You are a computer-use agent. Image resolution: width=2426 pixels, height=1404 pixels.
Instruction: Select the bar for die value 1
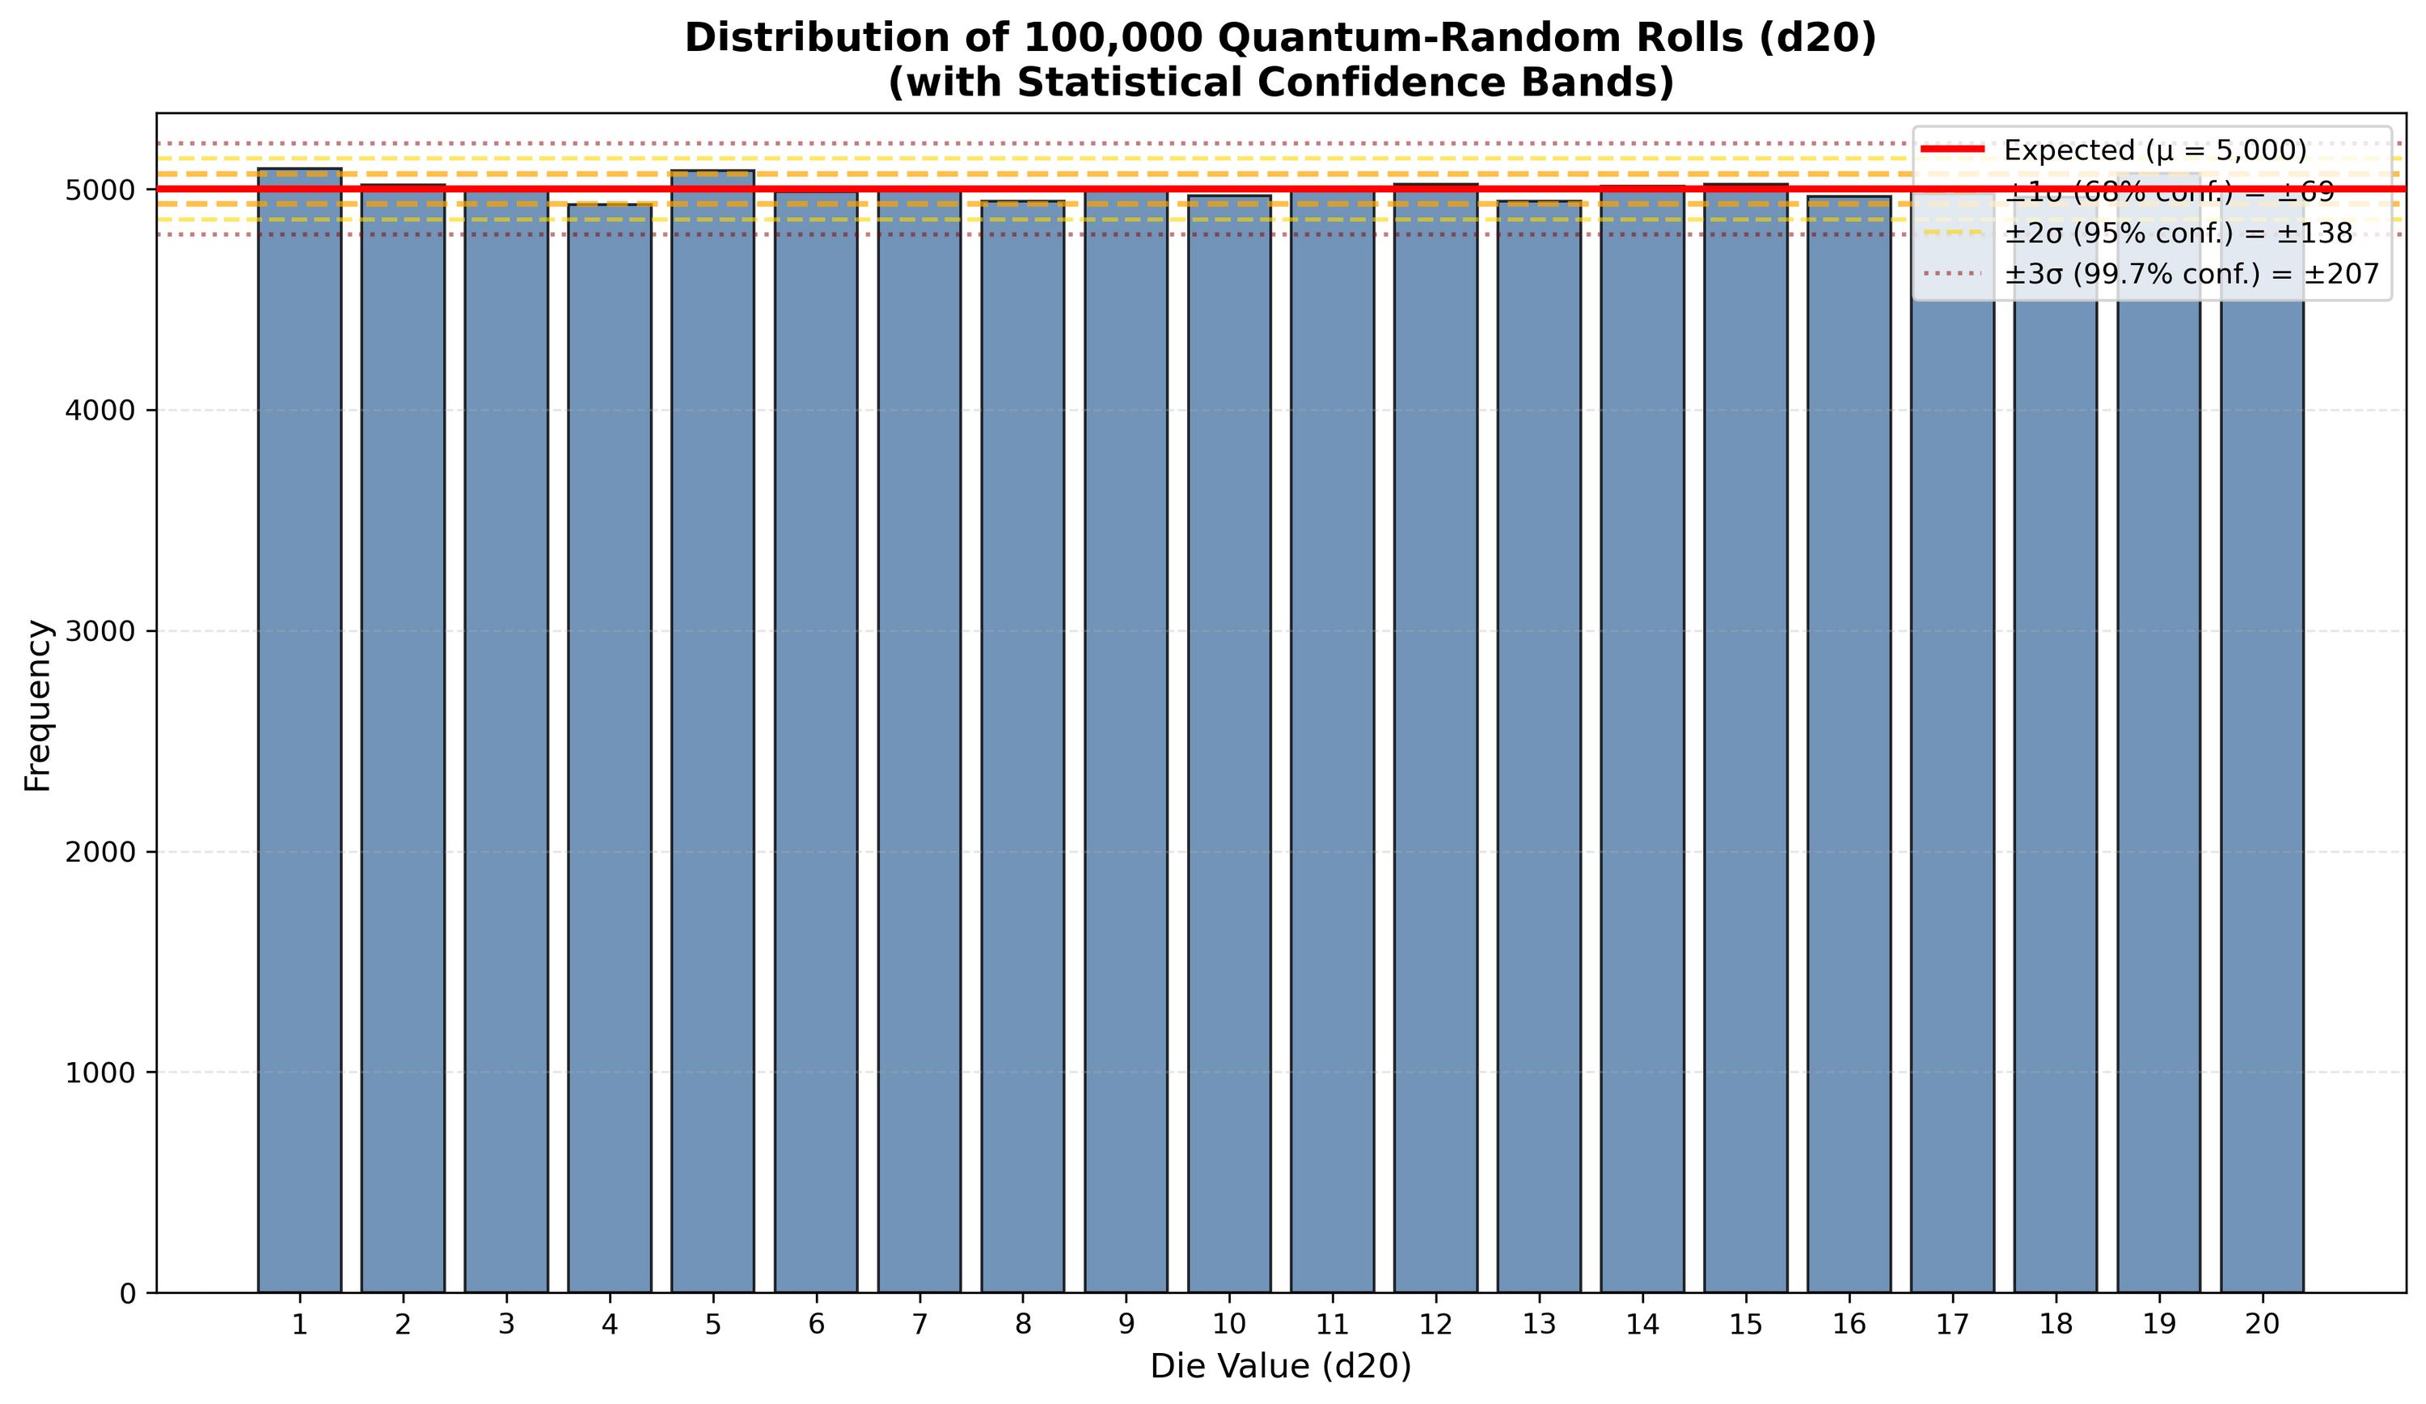[299, 732]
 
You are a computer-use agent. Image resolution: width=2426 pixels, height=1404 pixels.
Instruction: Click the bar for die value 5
[712, 732]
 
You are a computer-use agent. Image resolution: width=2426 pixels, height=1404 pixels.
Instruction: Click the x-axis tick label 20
[2263, 1325]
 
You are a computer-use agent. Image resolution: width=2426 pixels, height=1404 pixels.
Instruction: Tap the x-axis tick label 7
[919, 1325]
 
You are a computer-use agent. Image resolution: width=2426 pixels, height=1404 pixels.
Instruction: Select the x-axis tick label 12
[1435, 1325]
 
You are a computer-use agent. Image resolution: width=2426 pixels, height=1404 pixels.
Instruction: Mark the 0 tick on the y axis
[127, 1294]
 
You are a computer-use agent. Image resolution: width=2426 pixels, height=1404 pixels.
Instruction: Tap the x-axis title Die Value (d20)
[1280, 1368]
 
